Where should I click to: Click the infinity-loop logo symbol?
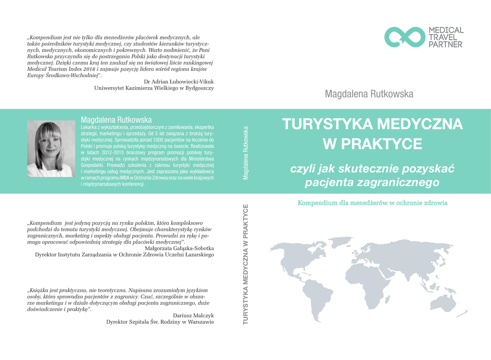[405, 37]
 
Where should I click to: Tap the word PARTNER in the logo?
[445, 45]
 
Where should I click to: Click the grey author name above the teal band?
[369, 94]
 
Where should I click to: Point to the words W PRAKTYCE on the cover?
[372, 143]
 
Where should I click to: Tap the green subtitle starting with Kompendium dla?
[373, 203]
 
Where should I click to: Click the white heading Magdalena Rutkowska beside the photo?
[116, 119]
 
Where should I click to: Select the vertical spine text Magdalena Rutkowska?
[246, 152]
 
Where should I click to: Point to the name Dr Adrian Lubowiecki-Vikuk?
[179, 81]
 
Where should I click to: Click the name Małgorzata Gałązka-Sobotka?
[179, 248]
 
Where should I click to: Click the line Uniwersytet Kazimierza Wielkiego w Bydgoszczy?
[154, 88]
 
